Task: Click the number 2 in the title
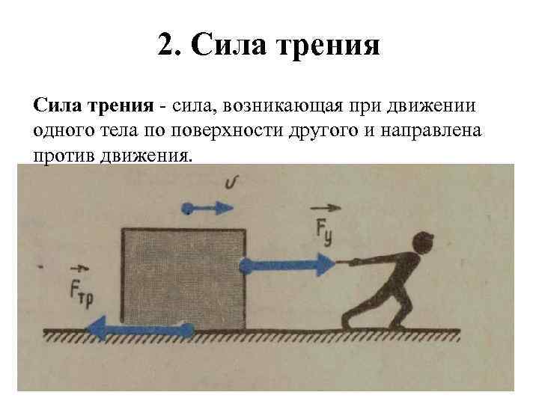(x=166, y=46)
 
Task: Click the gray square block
(x=183, y=277)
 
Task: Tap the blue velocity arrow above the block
(x=203, y=206)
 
